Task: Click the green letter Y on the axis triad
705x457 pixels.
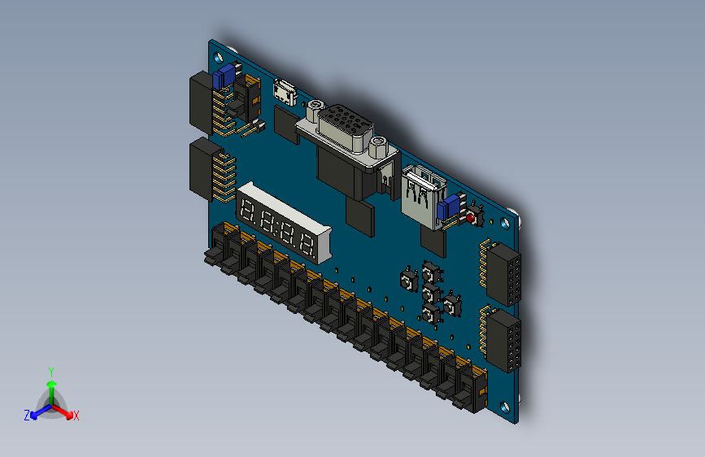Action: (50, 371)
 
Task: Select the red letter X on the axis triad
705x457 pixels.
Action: (76, 416)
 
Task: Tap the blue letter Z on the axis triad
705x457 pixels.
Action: (27, 415)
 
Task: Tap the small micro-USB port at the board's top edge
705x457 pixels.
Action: (284, 92)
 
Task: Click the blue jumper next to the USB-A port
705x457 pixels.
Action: (446, 211)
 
